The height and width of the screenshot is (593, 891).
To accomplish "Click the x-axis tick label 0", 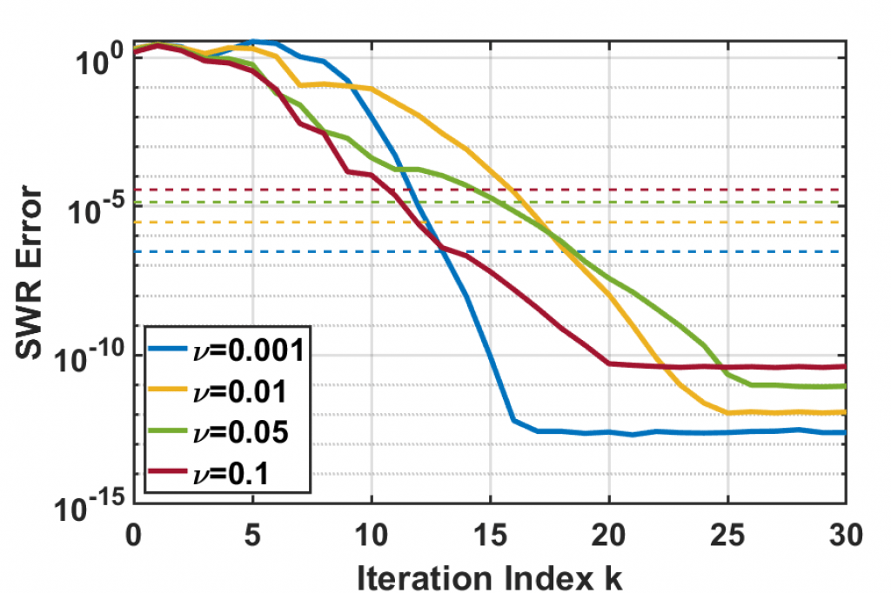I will (x=134, y=532).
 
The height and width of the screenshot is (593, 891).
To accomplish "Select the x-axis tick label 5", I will (x=252, y=532).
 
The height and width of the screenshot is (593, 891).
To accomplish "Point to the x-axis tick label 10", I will (x=372, y=532).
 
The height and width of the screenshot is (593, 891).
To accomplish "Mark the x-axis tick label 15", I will (x=490, y=532).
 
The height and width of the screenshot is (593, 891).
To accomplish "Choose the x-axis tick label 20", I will (x=608, y=532).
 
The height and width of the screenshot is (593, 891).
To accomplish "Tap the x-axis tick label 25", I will (x=727, y=532).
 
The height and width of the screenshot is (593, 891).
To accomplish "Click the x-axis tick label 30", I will (x=844, y=532).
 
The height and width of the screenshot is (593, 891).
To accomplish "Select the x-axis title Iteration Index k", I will (x=489, y=573).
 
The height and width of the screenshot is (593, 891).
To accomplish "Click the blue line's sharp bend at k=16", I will (x=514, y=422).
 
